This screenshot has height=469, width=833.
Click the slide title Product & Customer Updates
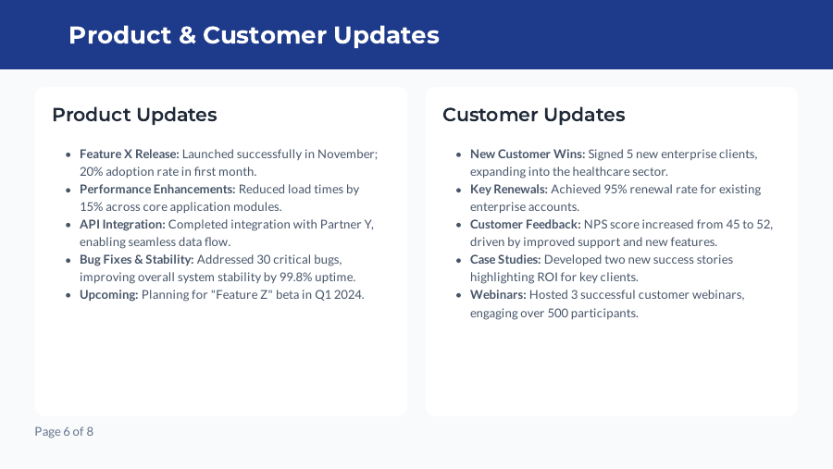pyautogui.click(x=254, y=35)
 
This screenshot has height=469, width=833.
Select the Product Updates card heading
pyautogui.click(x=134, y=115)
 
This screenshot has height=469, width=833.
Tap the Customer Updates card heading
pyautogui.click(x=533, y=115)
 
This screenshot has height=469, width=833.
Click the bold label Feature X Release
pyautogui.click(x=129, y=154)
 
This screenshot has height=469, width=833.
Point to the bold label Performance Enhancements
pyautogui.click(x=157, y=189)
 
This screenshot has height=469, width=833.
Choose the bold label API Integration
pyautogui.click(x=122, y=224)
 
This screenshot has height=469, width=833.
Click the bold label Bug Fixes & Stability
pyautogui.click(x=136, y=259)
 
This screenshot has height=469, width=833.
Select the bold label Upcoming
pyautogui.click(x=108, y=294)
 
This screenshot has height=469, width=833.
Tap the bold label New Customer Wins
pyautogui.click(x=528, y=154)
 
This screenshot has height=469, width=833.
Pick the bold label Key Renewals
pyautogui.click(x=508, y=189)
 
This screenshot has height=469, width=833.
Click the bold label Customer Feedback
pyautogui.click(x=525, y=224)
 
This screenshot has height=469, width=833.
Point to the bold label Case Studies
pyautogui.click(x=505, y=259)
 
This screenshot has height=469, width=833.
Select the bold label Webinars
pyautogui.click(x=498, y=294)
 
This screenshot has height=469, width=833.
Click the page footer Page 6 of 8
pyautogui.click(x=64, y=431)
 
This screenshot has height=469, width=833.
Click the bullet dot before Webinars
pyautogui.click(x=459, y=295)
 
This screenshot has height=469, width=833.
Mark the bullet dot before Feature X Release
pyautogui.click(x=68, y=154)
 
